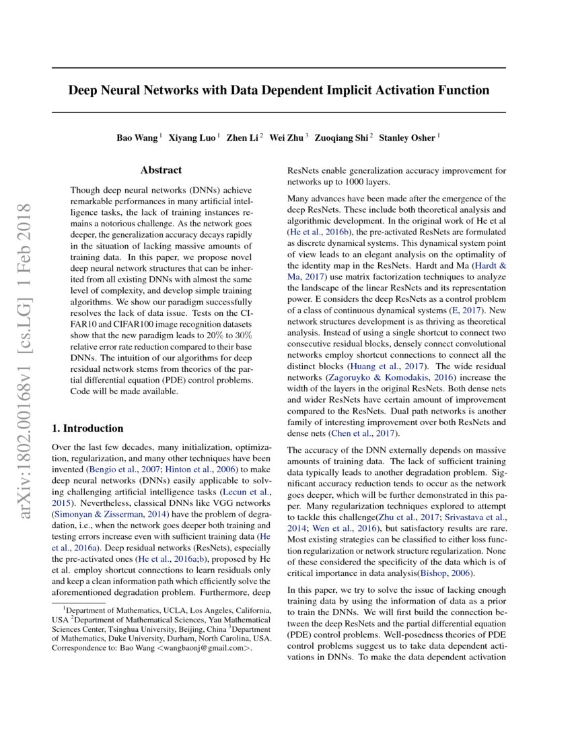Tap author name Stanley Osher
(x=407, y=138)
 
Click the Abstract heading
(x=161, y=170)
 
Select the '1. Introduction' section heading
(x=87, y=428)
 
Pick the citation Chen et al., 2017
(x=363, y=432)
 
